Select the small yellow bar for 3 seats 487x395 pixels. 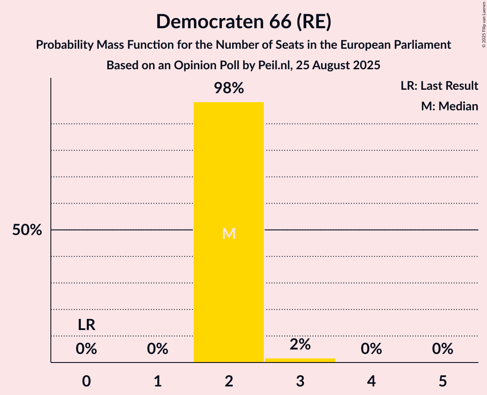point(300,360)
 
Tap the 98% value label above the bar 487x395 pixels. point(229,88)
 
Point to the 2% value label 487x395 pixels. point(300,345)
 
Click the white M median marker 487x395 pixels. point(229,233)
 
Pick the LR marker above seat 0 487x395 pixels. point(86,325)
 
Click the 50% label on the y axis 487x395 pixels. point(27,230)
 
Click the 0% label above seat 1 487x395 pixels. point(158,349)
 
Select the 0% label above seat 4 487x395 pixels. point(371,349)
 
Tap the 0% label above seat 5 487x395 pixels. point(442,349)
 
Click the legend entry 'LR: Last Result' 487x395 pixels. point(439,86)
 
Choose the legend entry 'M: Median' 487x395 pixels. point(449,106)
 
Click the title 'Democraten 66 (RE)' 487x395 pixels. point(243,21)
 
